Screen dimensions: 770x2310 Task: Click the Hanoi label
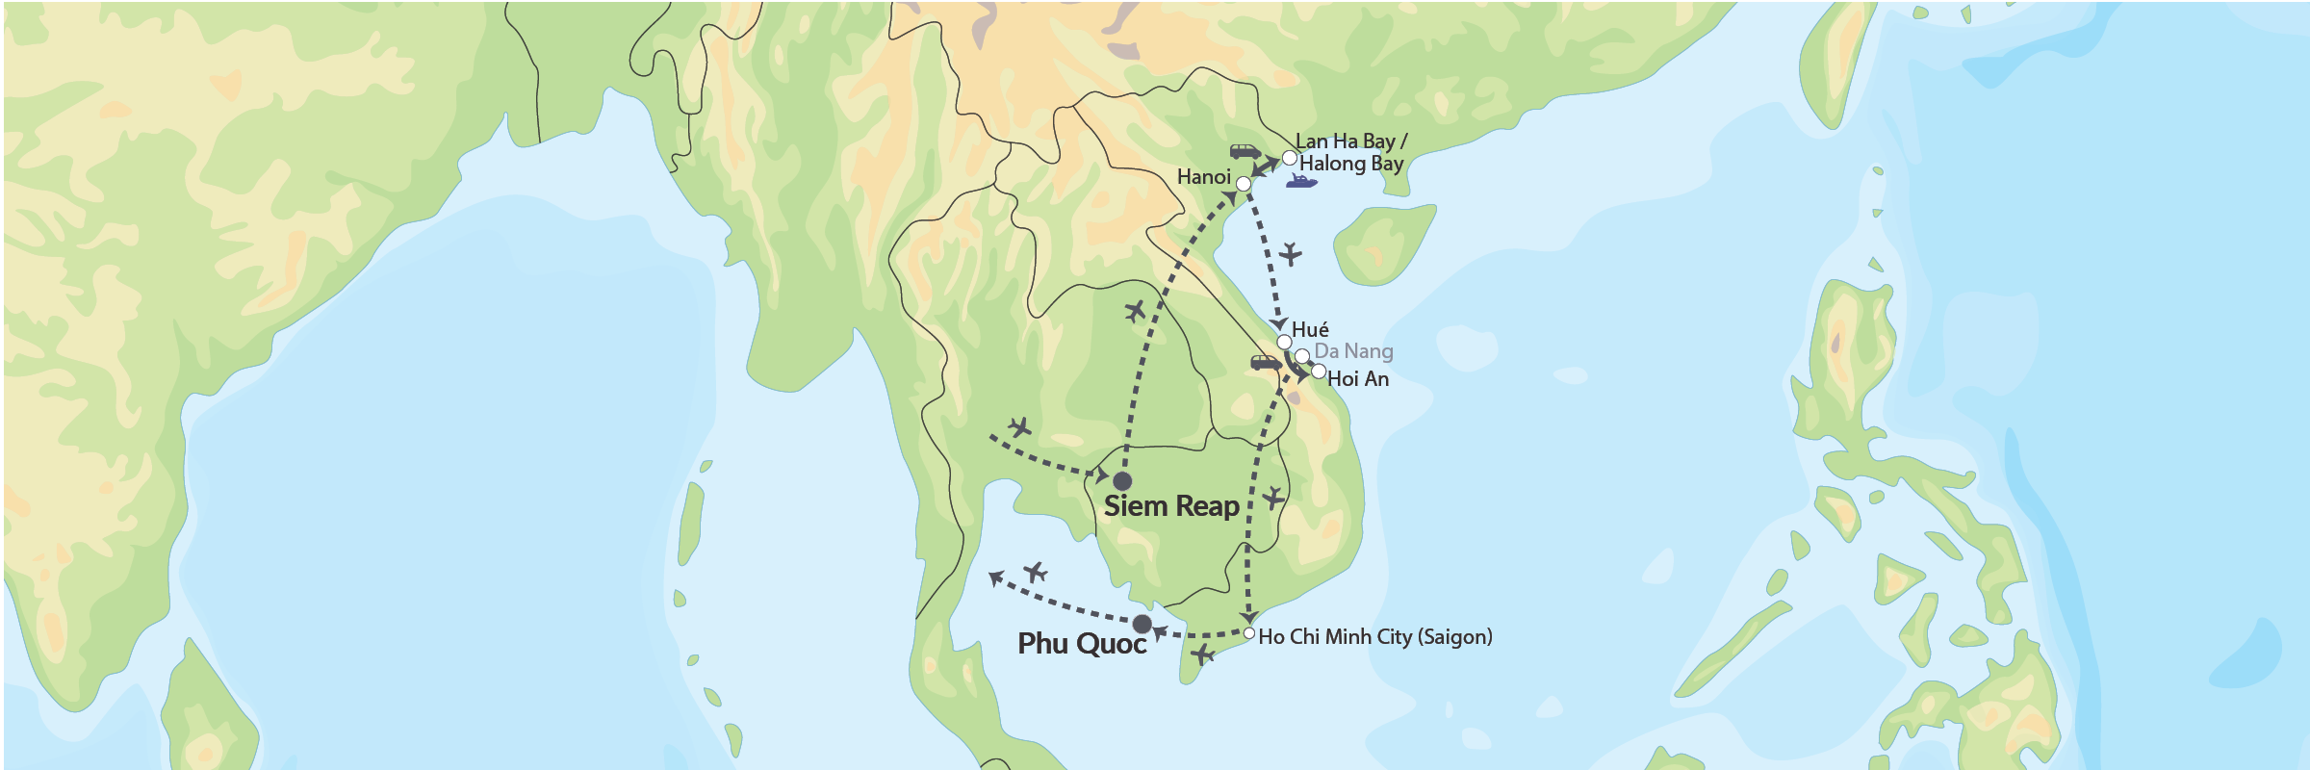click(1203, 177)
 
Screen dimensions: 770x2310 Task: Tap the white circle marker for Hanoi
click(1243, 183)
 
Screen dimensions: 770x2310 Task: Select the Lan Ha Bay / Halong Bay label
click(1349, 153)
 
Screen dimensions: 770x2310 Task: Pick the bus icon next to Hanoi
click(1245, 151)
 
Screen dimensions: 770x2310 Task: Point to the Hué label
click(1310, 330)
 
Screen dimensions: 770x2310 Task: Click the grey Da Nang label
click(1353, 351)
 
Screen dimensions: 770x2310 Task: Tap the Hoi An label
click(1357, 379)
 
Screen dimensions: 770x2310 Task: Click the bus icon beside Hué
click(1266, 363)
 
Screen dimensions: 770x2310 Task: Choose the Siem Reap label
click(1170, 506)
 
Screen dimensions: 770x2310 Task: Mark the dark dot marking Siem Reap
click(1121, 481)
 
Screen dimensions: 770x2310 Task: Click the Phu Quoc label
click(1082, 644)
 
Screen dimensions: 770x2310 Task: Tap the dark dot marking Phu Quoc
click(1142, 624)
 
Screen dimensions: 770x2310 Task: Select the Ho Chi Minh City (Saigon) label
click(1375, 637)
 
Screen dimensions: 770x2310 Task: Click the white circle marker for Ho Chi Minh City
click(1248, 633)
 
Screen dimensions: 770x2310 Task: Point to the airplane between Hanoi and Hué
click(1290, 255)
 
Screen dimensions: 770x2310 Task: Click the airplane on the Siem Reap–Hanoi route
click(1136, 311)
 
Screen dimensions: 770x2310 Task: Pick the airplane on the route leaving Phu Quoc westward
click(1035, 574)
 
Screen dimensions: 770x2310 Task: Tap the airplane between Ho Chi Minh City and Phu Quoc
click(1202, 654)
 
